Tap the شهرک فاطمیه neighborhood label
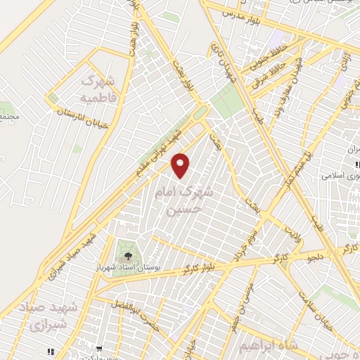[x=98, y=86]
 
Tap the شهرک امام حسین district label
[x=186, y=199]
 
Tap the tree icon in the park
[x=128, y=256]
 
